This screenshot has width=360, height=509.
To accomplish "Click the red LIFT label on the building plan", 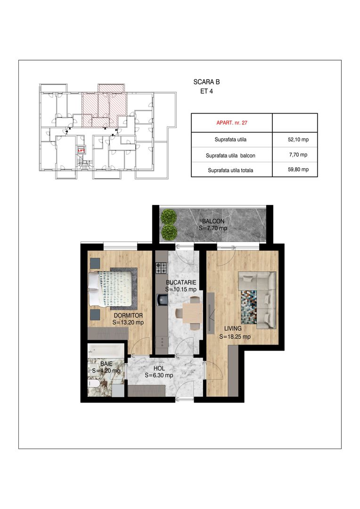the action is pos(81,151).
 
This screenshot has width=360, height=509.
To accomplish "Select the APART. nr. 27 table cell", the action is pos(231,123).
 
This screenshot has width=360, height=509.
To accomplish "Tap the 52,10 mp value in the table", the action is pos(298,140).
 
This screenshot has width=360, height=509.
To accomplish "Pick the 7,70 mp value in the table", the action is pos(298,155).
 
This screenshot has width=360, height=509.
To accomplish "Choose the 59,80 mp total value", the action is pos(298,170).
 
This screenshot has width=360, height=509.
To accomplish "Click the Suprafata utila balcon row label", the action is pos(230,156).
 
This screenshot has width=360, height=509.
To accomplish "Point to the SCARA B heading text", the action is pos(206,82).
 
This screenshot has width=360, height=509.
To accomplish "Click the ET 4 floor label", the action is pos(206,91).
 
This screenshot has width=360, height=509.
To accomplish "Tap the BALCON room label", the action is pos(213,221).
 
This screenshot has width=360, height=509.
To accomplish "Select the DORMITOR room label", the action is pos(128,315).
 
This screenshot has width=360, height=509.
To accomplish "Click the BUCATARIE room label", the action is pos(181,282).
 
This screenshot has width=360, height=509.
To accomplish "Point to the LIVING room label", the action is pos(233,328).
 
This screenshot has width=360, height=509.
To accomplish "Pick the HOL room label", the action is pos(159,369).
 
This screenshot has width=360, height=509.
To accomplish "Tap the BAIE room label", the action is pos(106,364).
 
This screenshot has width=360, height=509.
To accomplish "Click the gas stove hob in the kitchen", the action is pos(162,268).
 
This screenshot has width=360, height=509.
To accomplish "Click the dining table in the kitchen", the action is pos(193,313).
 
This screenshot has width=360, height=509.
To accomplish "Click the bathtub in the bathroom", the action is pos(106,351).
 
